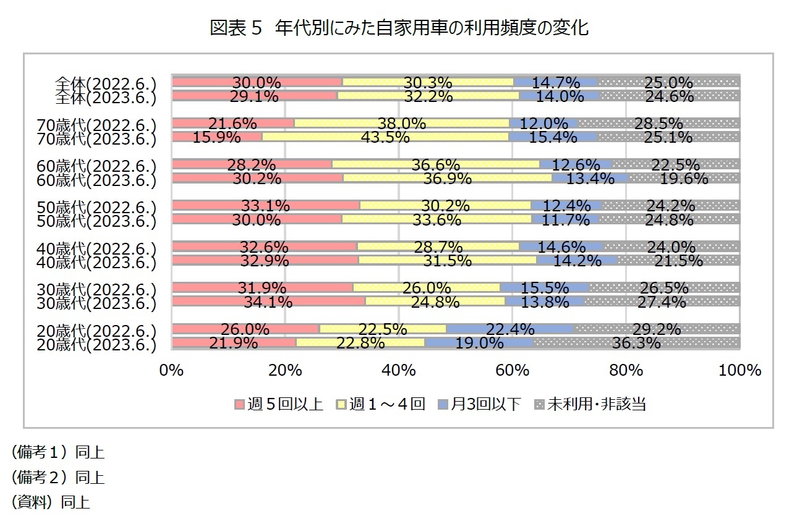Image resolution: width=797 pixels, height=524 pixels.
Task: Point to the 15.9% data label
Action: click(x=216, y=137)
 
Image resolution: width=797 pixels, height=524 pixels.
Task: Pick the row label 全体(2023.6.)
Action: click(x=104, y=97)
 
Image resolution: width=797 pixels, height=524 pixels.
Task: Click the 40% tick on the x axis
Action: click(x=399, y=370)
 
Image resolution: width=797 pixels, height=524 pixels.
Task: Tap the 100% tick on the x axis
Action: click(x=739, y=370)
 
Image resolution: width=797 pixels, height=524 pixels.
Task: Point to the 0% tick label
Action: click(x=171, y=370)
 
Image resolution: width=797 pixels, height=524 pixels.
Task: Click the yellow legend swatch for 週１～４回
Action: click(x=340, y=405)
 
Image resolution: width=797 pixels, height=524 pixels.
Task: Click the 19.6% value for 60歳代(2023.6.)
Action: click(x=683, y=179)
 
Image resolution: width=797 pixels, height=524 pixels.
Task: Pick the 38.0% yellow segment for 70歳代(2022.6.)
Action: click(x=403, y=123)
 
